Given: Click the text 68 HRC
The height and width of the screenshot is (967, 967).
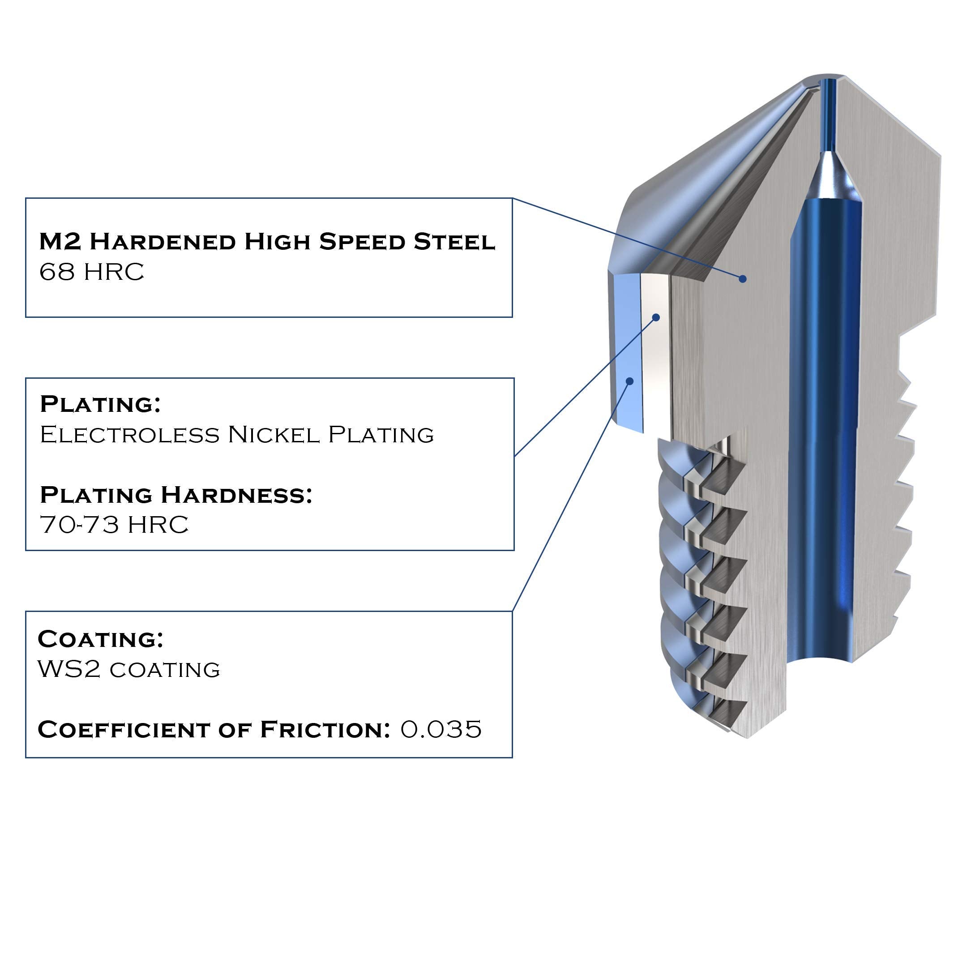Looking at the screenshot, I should pyautogui.click(x=92, y=272).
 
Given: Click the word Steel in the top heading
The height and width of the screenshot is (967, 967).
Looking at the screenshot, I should pyautogui.click(x=454, y=242).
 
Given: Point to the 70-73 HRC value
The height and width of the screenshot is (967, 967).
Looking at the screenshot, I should pyautogui.click(x=114, y=525).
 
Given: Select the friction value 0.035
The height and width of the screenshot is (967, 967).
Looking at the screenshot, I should pyautogui.click(x=441, y=729).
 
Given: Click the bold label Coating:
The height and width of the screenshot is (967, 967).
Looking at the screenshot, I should pyautogui.click(x=101, y=639).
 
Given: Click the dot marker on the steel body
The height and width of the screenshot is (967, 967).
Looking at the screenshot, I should pyautogui.click(x=743, y=279).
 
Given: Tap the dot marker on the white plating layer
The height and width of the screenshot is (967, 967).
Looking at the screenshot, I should pyautogui.click(x=656, y=317).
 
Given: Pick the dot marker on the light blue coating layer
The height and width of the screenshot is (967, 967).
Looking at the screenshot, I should pyautogui.click(x=629, y=381).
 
